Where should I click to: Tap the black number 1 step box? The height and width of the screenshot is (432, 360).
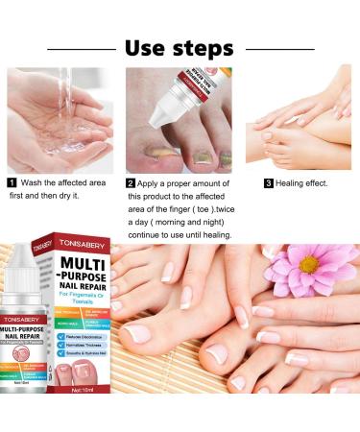pyautogui.click(x=12, y=181)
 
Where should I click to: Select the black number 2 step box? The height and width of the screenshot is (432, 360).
pyautogui.click(x=131, y=181)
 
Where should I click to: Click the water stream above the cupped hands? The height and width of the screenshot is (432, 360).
pyautogui.click(x=55, y=91)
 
